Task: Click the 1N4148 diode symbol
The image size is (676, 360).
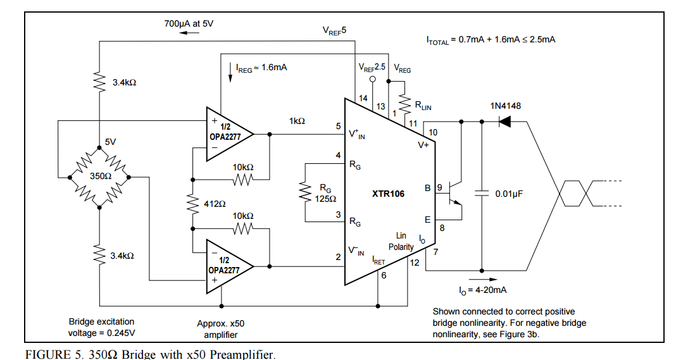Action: tap(505, 120)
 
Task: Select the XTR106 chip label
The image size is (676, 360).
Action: tap(388, 194)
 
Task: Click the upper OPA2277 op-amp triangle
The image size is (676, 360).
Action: tap(227, 134)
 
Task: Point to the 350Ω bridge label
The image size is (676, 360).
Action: tap(101, 176)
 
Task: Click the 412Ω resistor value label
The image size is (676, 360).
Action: tap(215, 204)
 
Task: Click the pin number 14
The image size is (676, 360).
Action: tap(363, 98)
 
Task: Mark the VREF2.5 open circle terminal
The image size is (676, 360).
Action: tap(373, 80)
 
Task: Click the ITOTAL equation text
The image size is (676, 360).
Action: tap(491, 39)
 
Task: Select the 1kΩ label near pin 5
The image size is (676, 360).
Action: tap(297, 120)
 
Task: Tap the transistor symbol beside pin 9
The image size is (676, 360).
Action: tap(454, 194)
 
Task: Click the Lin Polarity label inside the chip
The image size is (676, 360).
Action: tap(401, 241)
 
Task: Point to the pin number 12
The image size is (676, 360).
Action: tap(415, 263)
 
